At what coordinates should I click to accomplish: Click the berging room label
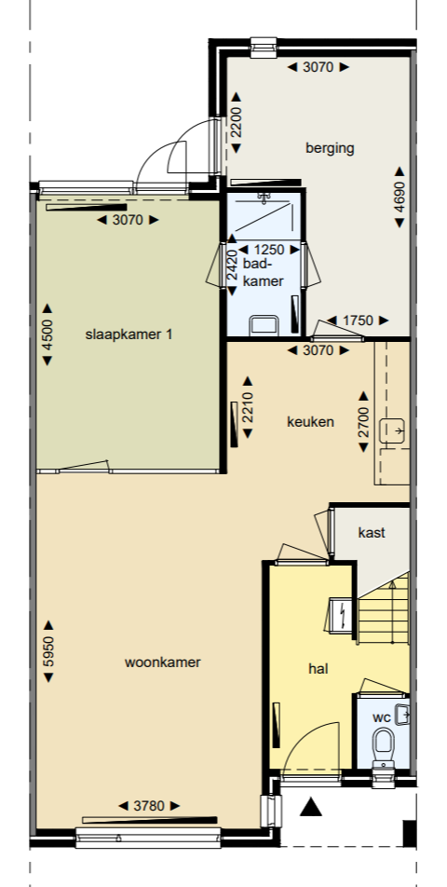pos(330,148)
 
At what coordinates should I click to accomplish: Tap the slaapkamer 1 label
pos(129,334)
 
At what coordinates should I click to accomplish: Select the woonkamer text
pos(163,662)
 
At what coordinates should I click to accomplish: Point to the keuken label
pos(310,422)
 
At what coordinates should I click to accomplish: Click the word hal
pos(318,669)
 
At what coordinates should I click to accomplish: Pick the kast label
pos(372,532)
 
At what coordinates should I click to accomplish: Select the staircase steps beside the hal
pos(383,608)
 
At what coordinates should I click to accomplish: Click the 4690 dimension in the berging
pos(400,198)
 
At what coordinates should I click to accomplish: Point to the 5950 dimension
pos(48,651)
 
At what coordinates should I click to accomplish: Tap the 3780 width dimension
pos(149,806)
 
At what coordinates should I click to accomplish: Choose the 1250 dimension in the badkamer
pos(269,250)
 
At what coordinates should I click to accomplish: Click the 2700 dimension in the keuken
pos(363,422)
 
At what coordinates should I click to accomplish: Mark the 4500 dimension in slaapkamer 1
pos(47,334)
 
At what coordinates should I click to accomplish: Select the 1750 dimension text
pos(358,321)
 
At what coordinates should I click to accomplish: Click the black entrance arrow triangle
pos(310,807)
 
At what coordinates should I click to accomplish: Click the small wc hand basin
pos(402,715)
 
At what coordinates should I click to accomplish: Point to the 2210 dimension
pos(248,407)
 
